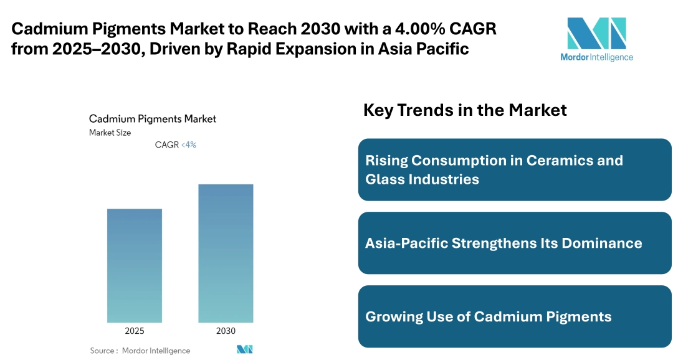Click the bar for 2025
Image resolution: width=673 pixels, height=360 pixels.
[x=134, y=265]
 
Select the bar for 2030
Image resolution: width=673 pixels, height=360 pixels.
[x=226, y=253]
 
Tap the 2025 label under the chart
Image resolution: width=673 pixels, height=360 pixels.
[x=134, y=331]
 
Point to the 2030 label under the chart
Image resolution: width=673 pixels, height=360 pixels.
[x=226, y=331]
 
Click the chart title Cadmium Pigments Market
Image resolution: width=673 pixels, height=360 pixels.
[x=153, y=118]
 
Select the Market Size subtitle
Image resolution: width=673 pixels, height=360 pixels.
[x=110, y=133]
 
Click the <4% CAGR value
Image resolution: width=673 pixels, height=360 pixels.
[x=189, y=144]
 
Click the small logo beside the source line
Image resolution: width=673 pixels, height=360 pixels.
[x=244, y=349]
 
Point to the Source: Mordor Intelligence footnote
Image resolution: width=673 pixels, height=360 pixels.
[x=140, y=351]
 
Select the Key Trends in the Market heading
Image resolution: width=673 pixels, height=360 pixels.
[x=465, y=110]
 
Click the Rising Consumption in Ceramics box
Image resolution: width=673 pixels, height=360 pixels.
[x=515, y=169]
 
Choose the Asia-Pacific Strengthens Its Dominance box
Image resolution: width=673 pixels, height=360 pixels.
[x=515, y=243]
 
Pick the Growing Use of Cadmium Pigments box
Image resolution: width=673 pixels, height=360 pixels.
[x=515, y=316]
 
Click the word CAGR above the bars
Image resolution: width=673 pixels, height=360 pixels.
[x=166, y=144]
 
